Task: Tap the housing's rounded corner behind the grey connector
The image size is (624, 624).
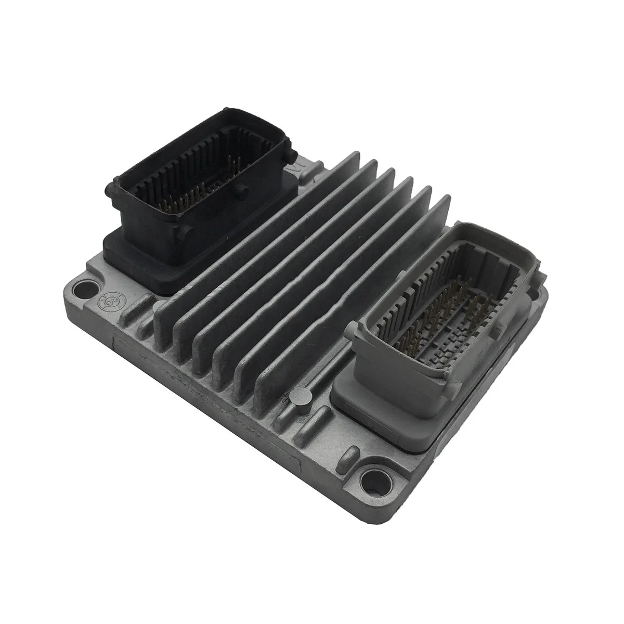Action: tap(541, 296)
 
